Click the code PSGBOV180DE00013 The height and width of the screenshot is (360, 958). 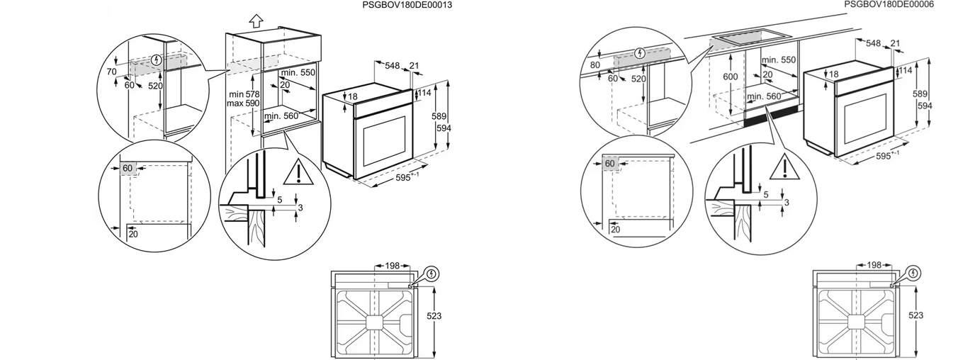[x=407, y=5]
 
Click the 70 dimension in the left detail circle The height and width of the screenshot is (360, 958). [x=111, y=72]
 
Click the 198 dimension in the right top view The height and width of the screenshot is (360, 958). [x=874, y=265]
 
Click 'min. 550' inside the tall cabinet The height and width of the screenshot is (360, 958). [x=298, y=73]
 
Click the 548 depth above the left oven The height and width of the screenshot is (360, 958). [x=393, y=65]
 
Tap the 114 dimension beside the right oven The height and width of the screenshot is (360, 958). [x=906, y=70]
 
